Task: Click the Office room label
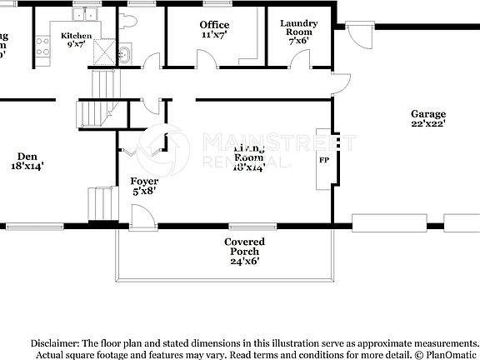point(214,25)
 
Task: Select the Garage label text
point(427,114)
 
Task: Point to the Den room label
point(27,155)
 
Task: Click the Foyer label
point(144,181)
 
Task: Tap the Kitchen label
point(76,36)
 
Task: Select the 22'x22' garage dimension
point(427,124)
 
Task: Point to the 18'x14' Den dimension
point(27,166)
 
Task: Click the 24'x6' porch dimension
point(244,261)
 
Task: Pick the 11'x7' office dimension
point(214,36)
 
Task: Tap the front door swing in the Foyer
point(141,215)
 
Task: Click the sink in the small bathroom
point(123,56)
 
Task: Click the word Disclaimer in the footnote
point(54,342)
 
